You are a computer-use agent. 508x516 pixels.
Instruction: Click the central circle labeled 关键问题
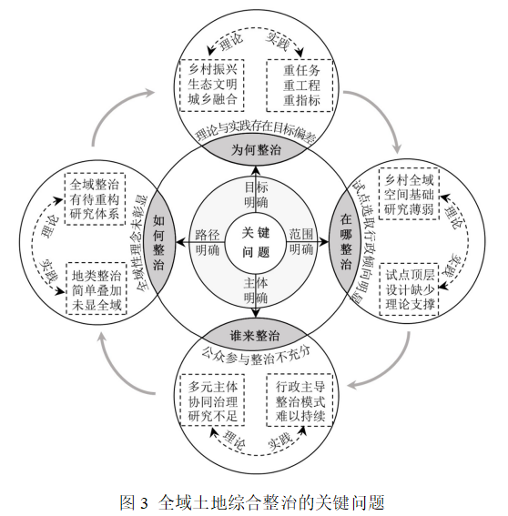tap(256, 243)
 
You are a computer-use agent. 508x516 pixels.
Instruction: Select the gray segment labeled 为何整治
tap(256, 150)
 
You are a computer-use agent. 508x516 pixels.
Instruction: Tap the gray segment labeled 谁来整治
tap(256, 336)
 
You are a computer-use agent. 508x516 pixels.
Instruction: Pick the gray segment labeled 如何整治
tap(158, 243)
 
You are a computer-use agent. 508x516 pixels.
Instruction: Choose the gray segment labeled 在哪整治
tap(346, 243)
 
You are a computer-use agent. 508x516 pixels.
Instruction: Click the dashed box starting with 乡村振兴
tap(212, 86)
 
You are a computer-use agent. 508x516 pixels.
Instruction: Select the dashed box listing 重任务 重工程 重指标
tap(300, 86)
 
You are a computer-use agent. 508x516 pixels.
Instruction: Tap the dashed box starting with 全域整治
tap(96, 198)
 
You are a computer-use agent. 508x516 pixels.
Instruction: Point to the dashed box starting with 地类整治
tap(97, 288)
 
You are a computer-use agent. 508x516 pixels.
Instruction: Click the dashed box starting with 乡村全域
tap(409, 194)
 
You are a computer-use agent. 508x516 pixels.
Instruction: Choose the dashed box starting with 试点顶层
tap(410, 289)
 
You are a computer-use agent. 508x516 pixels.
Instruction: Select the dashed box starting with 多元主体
tap(212, 400)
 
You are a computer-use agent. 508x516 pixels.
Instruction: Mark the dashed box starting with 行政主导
tap(300, 400)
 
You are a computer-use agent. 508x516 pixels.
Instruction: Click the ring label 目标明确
tap(256, 195)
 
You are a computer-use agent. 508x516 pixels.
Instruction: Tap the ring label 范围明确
tap(301, 242)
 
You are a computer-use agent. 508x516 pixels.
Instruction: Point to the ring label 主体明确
tap(256, 290)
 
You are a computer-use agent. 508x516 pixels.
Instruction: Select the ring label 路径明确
tap(207, 242)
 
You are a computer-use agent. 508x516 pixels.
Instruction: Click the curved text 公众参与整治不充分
tap(256, 356)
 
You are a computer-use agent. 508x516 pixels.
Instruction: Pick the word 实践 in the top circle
tap(278, 42)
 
